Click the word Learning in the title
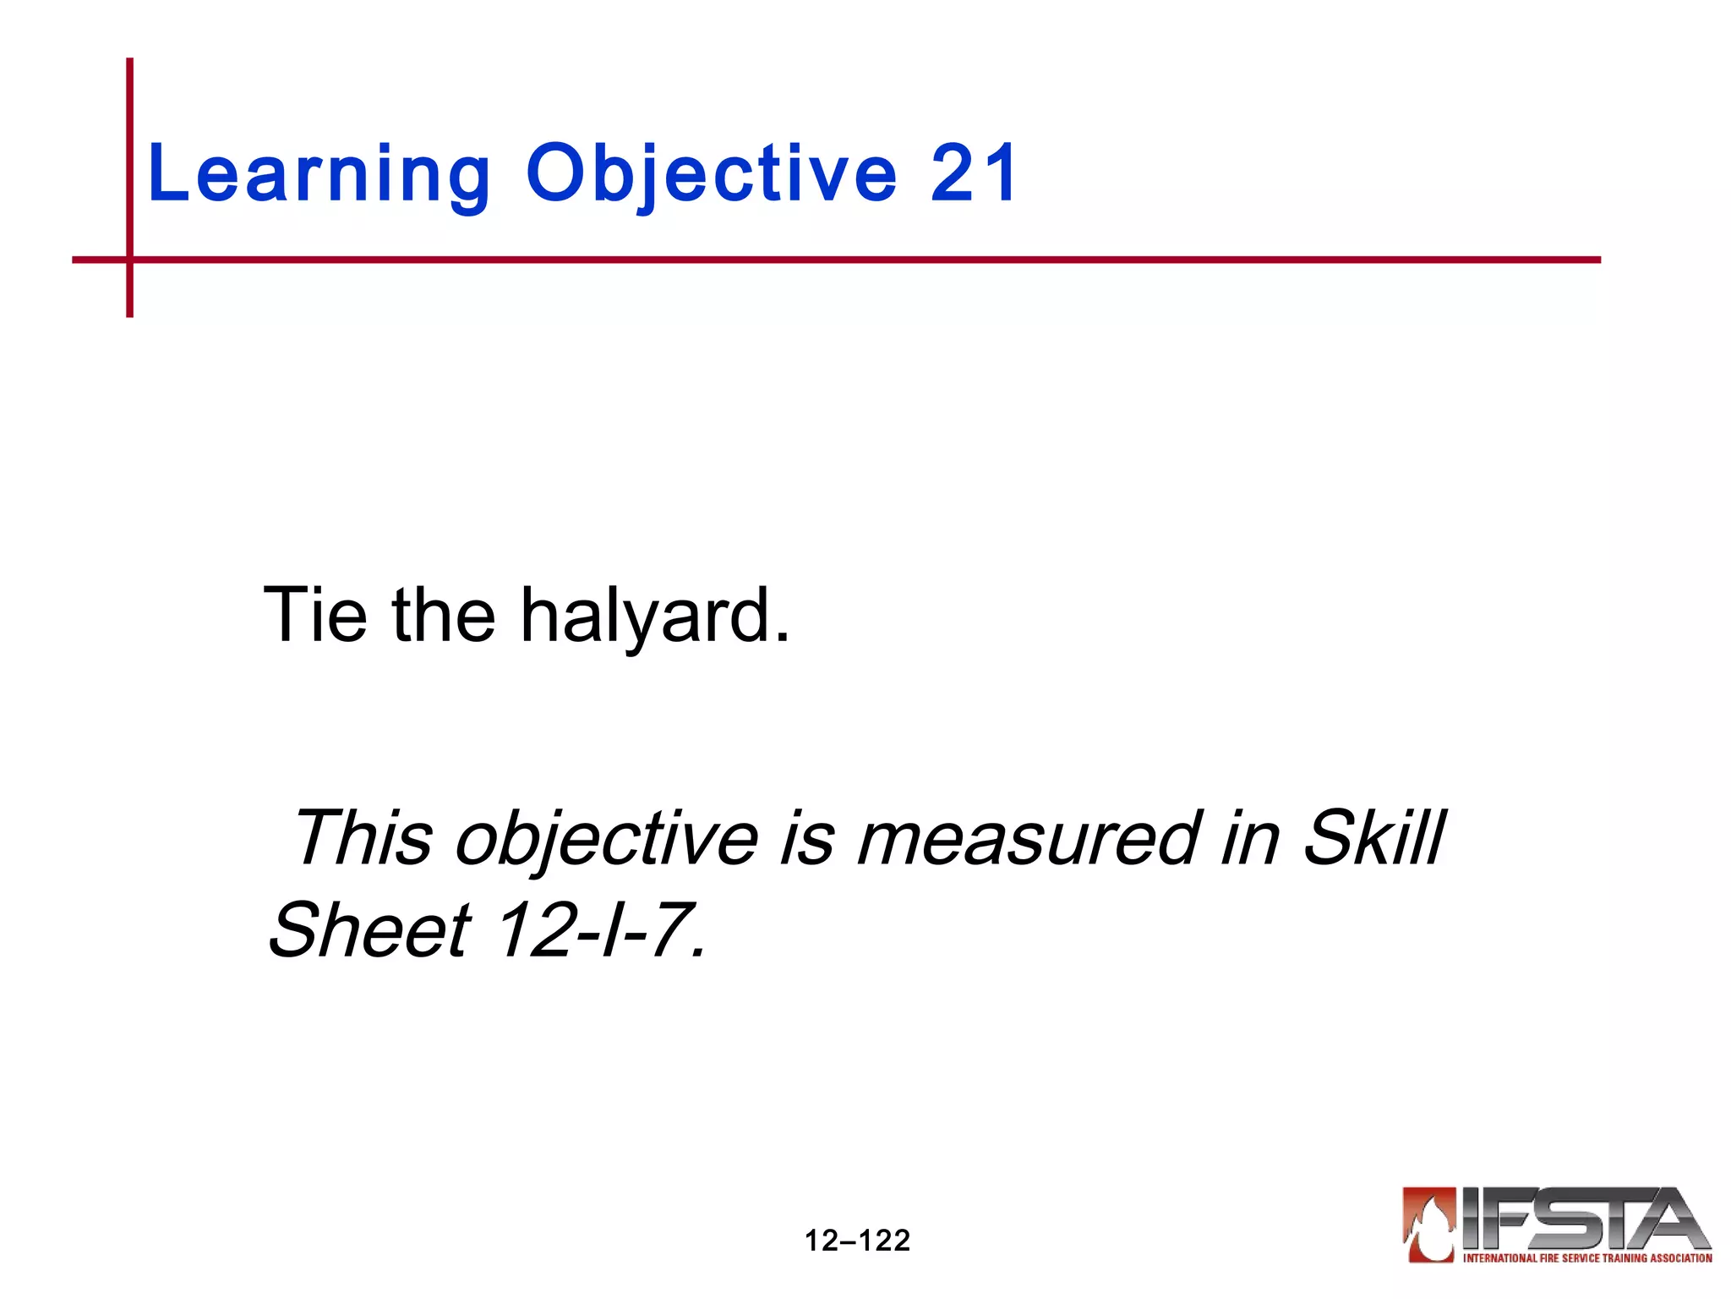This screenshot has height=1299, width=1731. [x=319, y=174]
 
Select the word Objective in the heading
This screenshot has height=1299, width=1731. [x=711, y=174]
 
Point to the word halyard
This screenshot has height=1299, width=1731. [x=655, y=617]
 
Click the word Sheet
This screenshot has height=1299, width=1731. [x=369, y=929]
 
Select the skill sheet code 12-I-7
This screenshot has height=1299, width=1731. [x=600, y=929]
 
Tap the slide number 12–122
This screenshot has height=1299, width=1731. [x=857, y=1241]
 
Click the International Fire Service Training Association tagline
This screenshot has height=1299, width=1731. [x=1587, y=1258]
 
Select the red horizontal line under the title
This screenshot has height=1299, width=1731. [x=845, y=260]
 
